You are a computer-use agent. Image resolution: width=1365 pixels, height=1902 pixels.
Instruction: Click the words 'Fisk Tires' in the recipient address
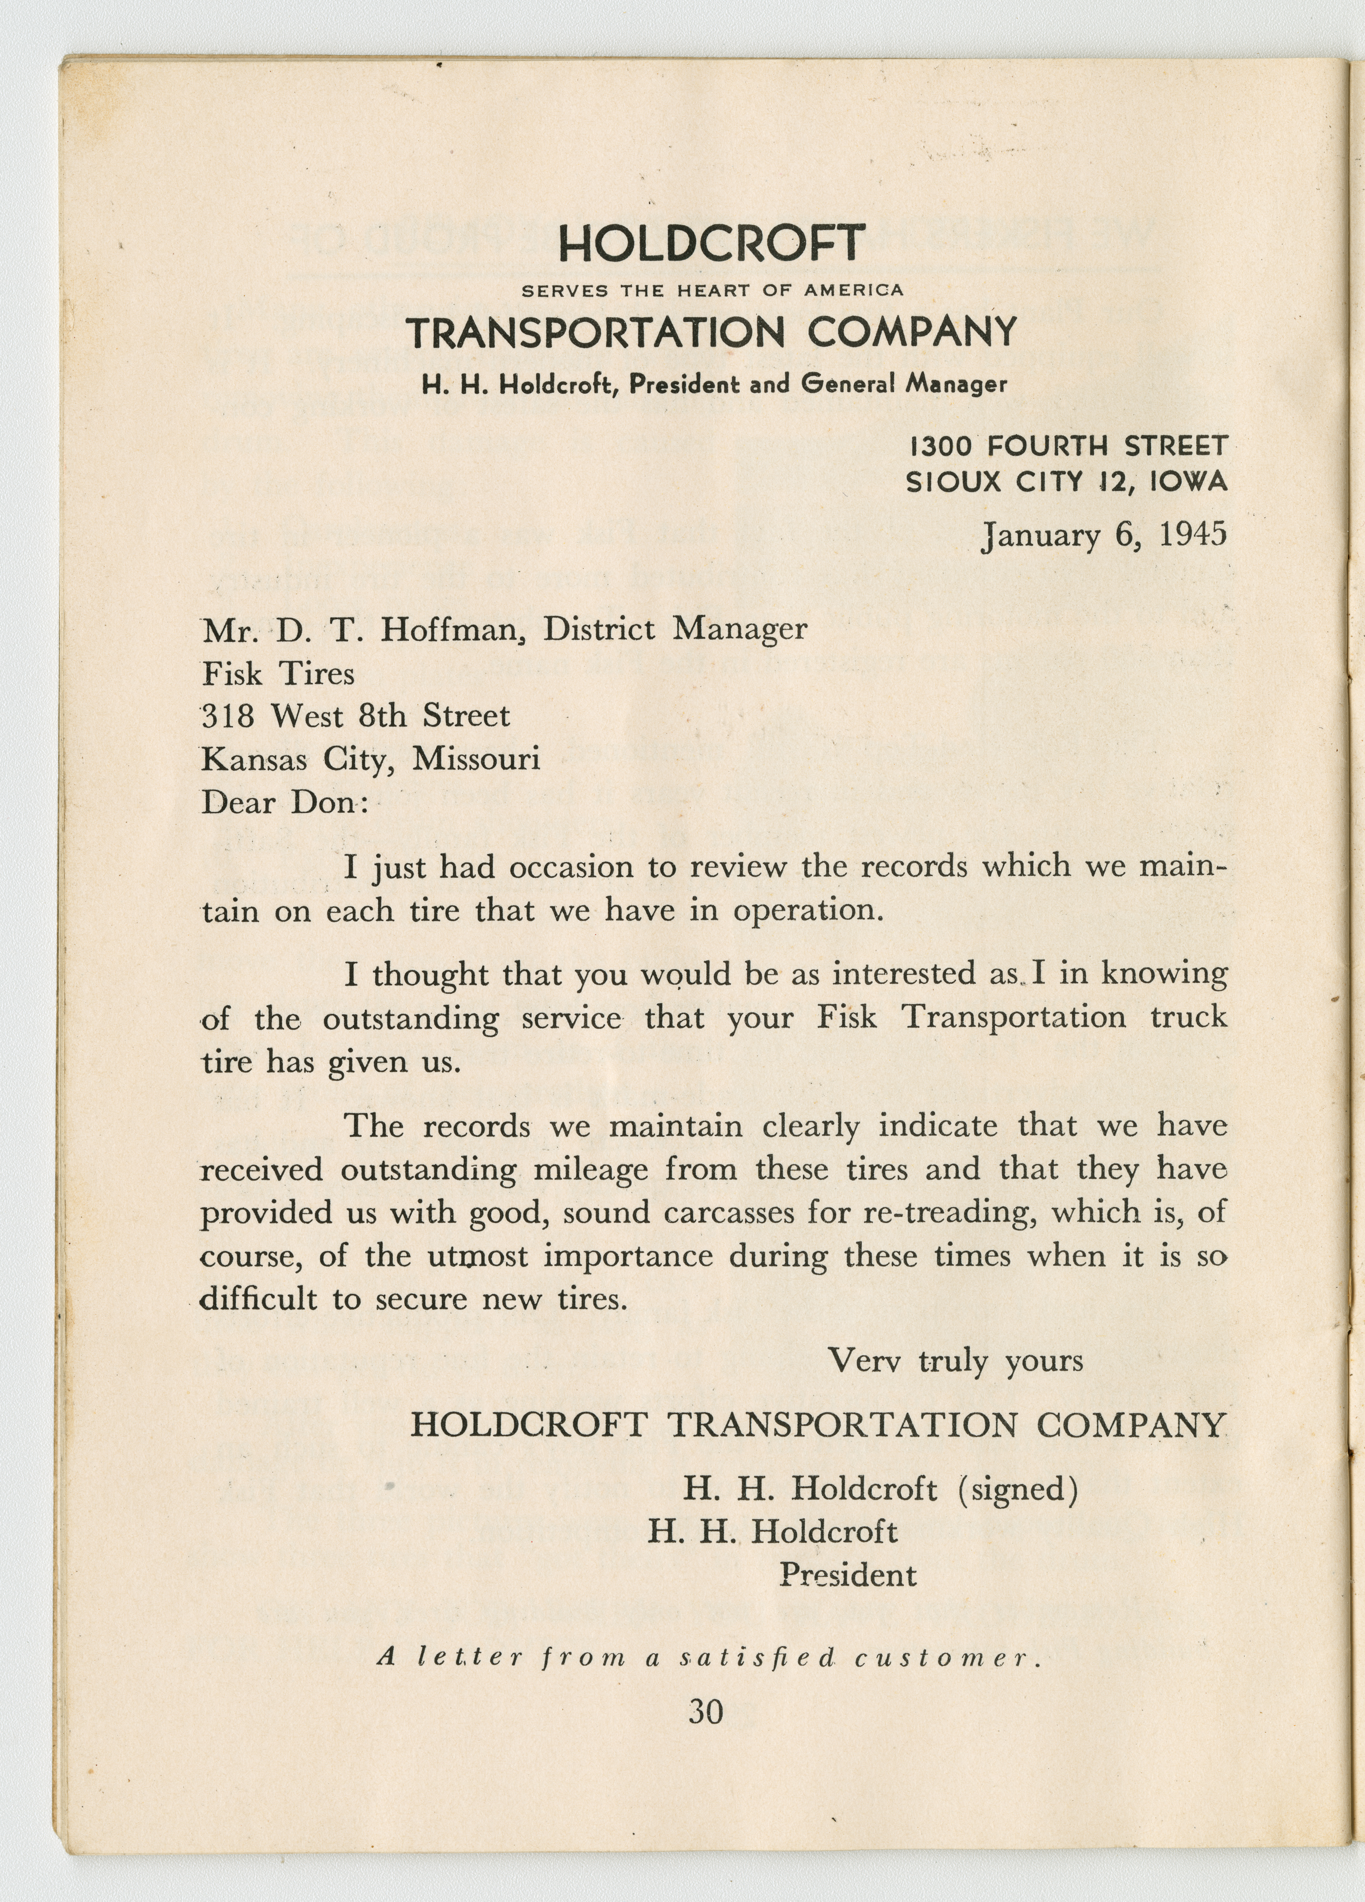pos(278,673)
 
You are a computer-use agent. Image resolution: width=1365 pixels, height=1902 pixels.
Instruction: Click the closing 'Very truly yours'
pos(955,1360)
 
